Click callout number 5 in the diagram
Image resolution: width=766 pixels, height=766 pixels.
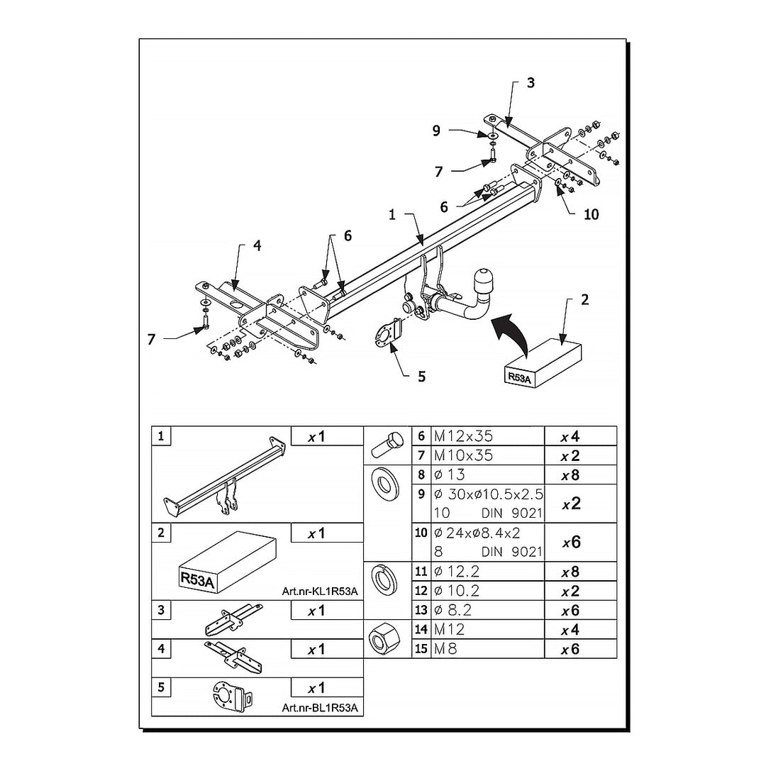point(421,376)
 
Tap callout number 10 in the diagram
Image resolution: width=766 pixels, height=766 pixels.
point(591,213)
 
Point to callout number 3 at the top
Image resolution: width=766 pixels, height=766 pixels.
point(531,83)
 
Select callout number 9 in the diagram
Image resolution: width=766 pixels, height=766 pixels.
point(437,130)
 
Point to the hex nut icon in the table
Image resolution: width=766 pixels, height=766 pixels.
point(387,639)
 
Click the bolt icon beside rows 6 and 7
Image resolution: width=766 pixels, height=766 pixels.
point(386,445)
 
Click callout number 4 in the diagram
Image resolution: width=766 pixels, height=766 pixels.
point(257,245)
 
